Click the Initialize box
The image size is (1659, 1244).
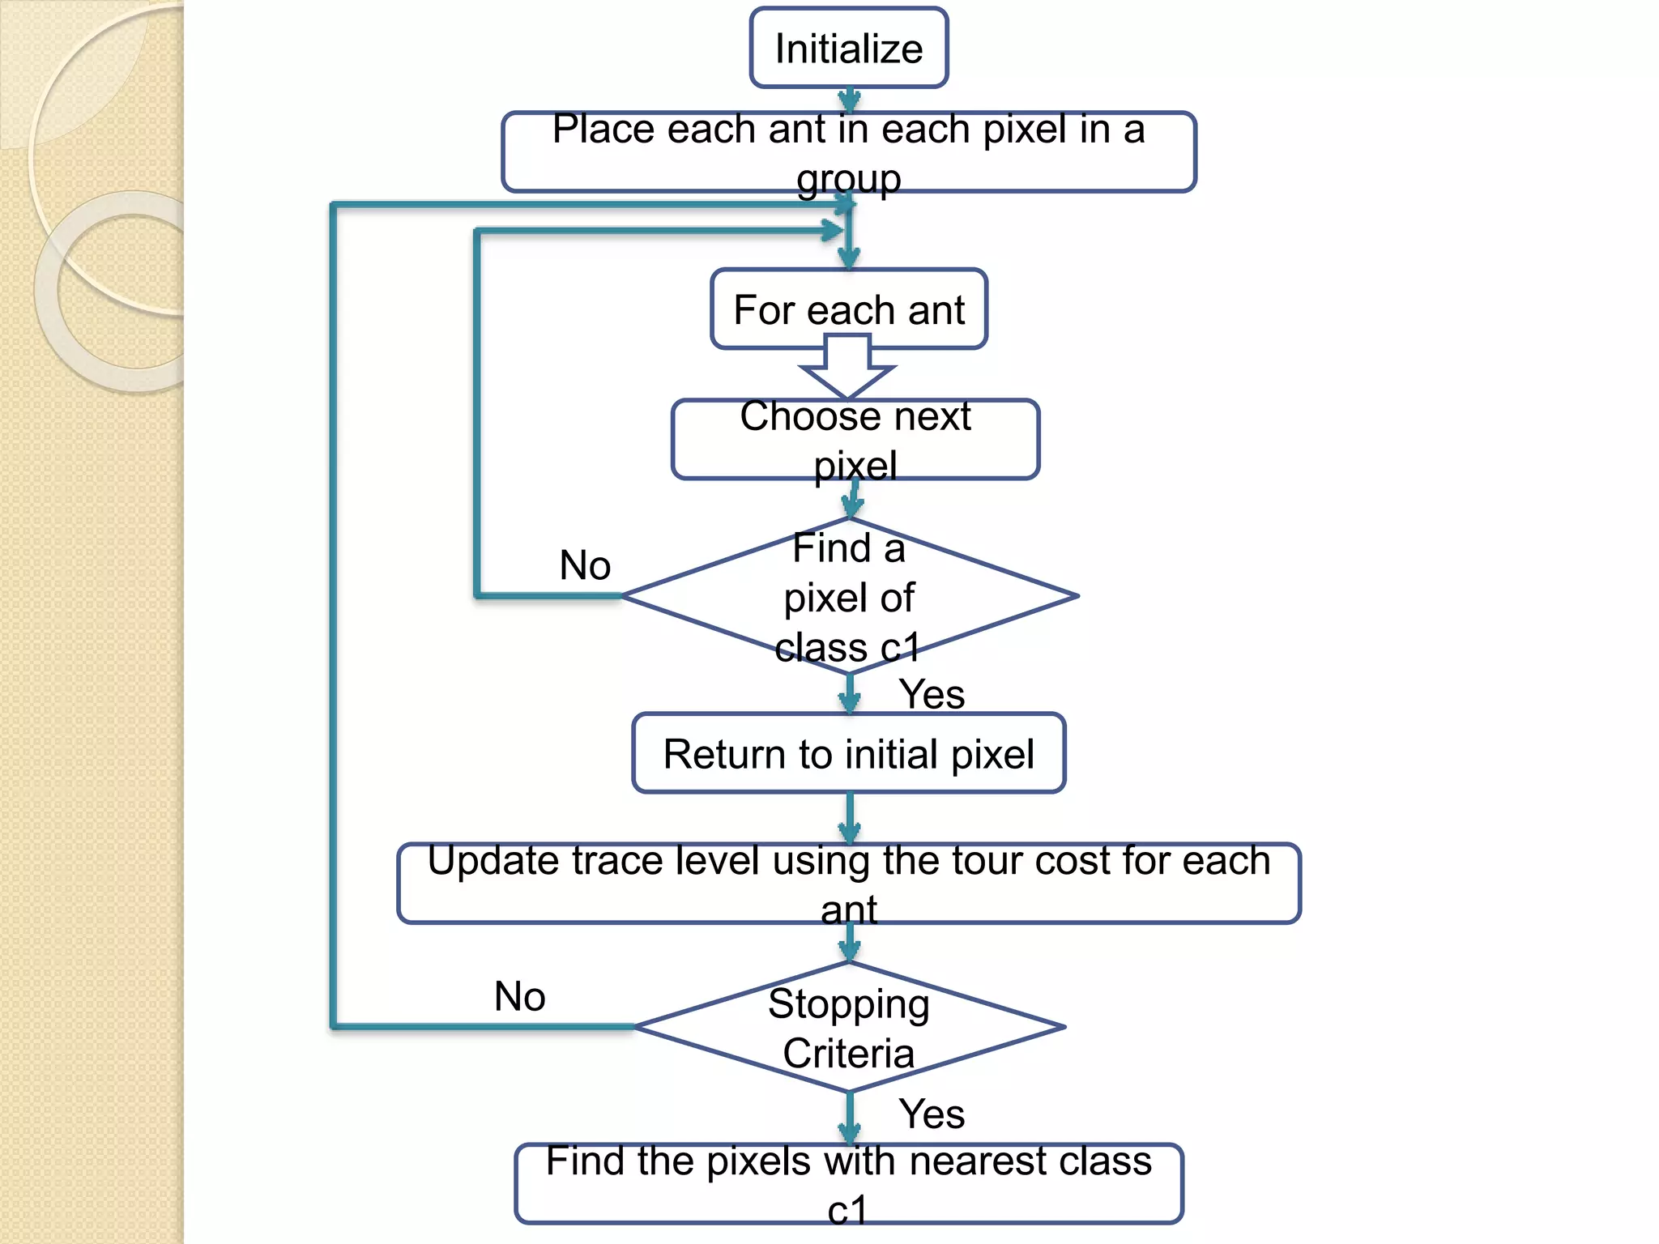point(848,48)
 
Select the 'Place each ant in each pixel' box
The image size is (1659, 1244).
point(848,151)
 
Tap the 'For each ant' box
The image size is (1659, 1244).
point(848,309)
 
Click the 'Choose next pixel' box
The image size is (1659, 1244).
point(855,439)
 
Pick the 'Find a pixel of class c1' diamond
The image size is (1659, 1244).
point(848,597)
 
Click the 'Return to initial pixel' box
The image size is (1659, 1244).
point(848,753)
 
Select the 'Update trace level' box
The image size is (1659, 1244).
point(848,883)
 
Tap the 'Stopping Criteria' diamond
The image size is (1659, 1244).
point(848,1027)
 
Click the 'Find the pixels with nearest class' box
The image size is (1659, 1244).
point(848,1183)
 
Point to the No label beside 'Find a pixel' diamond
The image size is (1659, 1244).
point(585,564)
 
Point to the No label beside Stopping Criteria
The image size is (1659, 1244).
point(519,996)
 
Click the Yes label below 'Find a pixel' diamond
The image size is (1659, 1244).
point(932,694)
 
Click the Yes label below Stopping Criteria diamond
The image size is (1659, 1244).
point(932,1114)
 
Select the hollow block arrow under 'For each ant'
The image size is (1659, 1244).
point(847,369)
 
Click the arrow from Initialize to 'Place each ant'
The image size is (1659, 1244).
point(848,100)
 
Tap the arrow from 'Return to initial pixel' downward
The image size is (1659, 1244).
point(849,818)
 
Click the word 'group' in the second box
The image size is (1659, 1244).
point(848,179)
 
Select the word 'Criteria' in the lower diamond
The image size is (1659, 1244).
point(848,1054)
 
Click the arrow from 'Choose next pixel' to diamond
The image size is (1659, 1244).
point(853,499)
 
